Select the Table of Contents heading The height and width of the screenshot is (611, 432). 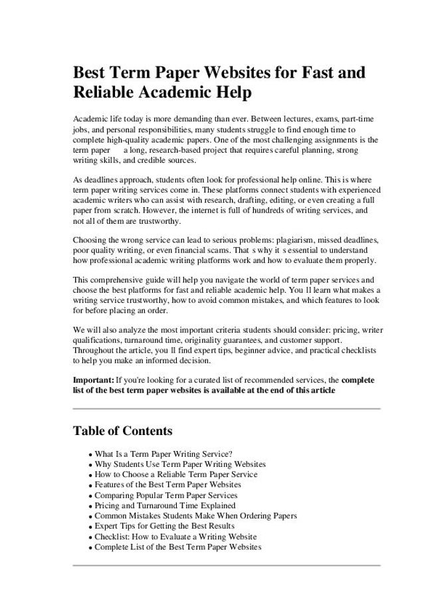coord(122,430)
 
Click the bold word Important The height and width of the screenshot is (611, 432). coord(93,379)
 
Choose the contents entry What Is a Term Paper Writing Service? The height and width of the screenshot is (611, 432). coord(163,454)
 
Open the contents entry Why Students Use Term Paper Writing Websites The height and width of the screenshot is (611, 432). coord(180,464)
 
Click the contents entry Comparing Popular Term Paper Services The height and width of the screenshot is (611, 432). coord(165,495)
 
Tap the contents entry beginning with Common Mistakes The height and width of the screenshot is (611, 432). coord(195,515)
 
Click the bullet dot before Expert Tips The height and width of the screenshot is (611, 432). coord(90,527)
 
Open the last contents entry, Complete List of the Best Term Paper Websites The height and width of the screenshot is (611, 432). coord(178,547)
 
